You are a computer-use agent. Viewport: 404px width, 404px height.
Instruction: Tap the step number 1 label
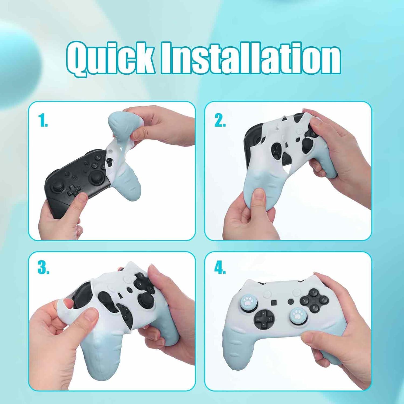coord(43,120)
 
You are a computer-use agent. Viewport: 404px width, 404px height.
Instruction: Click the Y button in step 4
coord(304,300)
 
